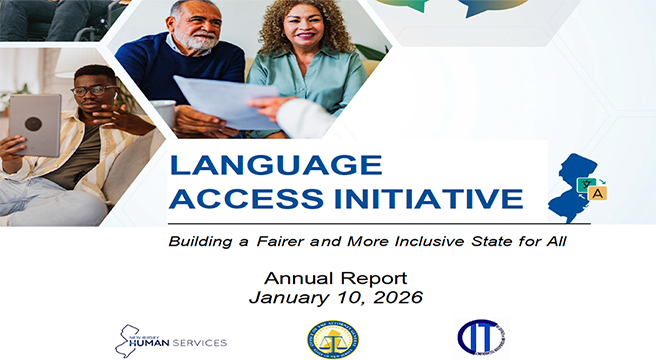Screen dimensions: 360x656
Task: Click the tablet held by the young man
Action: click(36, 124)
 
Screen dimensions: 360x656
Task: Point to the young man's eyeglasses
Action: click(92, 91)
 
